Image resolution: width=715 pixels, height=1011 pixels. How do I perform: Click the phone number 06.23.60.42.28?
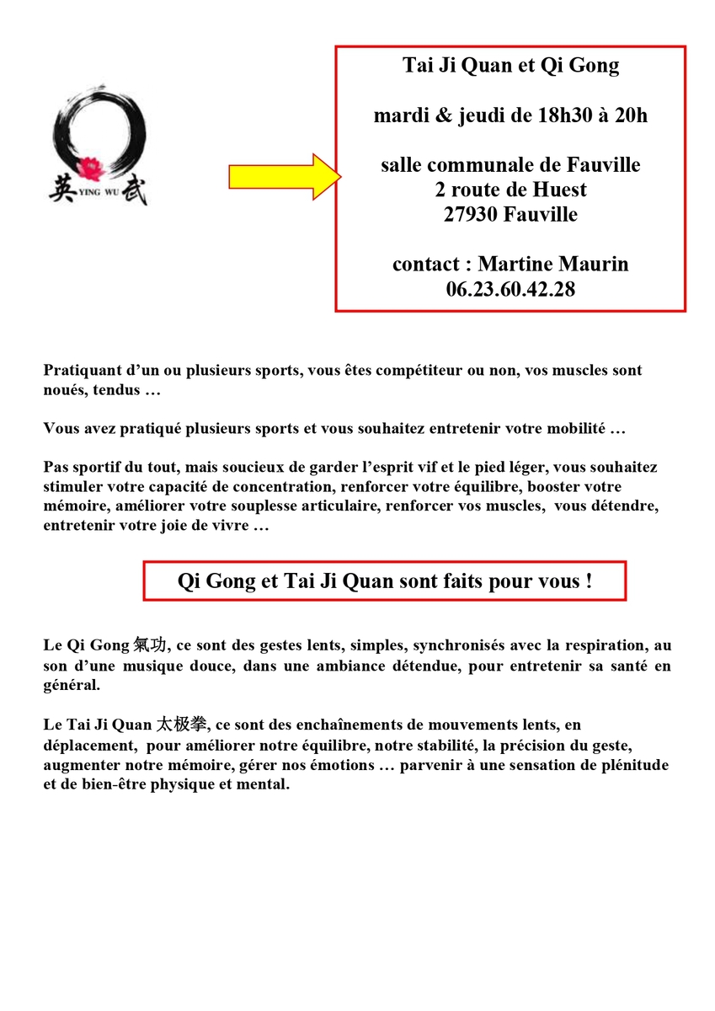pyautogui.click(x=510, y=289)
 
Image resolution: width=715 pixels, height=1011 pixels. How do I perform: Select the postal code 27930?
pyautogui.click(x=472, y=214)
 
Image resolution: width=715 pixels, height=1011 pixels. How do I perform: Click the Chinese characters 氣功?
pyautogui.click(x=150, y=646)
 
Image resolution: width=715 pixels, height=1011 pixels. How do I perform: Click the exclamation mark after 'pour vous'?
pyautogui.click(x=588, y=581)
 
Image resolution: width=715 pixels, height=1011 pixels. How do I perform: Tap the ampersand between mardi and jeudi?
pyautogui.click(x=446, y=115)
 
